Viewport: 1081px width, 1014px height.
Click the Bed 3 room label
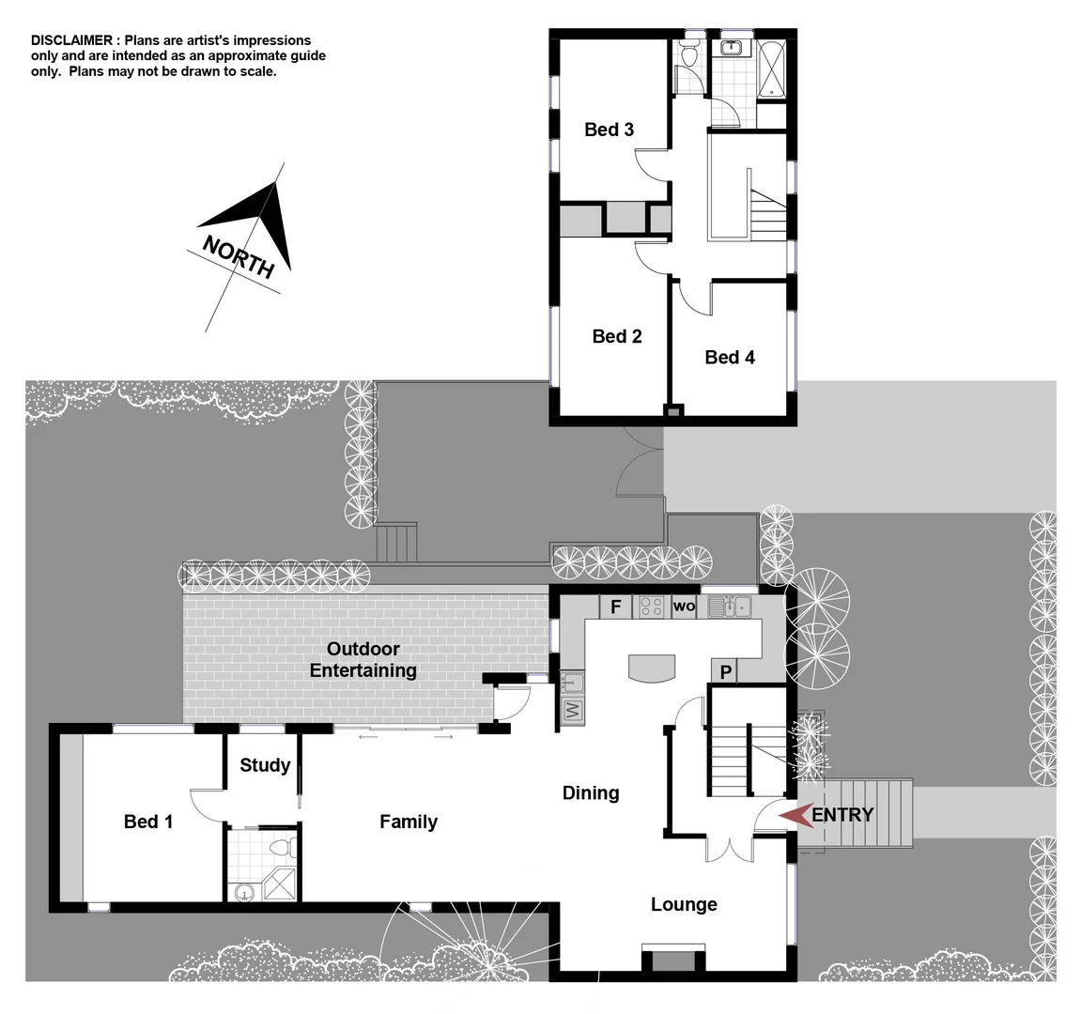[x=609, y=130]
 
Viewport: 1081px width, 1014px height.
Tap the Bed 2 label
[x=617, y=336]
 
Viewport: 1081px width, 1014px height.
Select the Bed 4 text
[x=730, y=357]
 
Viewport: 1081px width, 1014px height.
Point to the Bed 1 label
[x=148, y=822]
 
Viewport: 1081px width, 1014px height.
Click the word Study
[x=265, y=765]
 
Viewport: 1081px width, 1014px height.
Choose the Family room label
[x=409, y=822]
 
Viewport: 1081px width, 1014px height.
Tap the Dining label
[x=591, y=793]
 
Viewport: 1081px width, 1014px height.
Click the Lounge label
[x=684, y=904]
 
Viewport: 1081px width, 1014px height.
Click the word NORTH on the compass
[x=239, y=257]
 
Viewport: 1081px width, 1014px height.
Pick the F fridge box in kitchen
[x=616, y=607]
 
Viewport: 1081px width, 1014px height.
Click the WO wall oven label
[x=684, y=607]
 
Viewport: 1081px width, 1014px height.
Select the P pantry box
[x=725, y=672]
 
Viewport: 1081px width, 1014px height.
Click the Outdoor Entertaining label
[x=363, y=659]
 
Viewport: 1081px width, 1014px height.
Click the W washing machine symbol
[x=571, y=710]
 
